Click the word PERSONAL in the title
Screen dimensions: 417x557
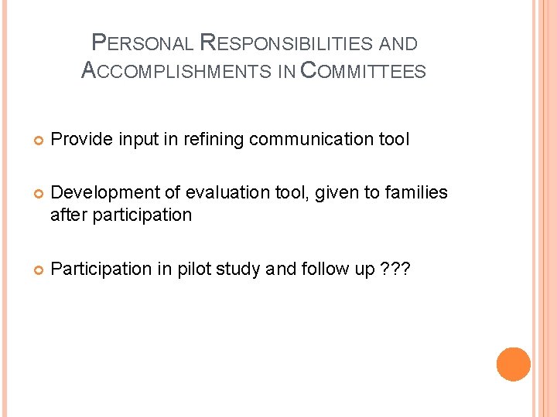pos(142,44)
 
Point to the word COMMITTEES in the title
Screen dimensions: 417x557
pos(362,71)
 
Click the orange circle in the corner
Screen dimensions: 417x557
pos(513,364)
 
